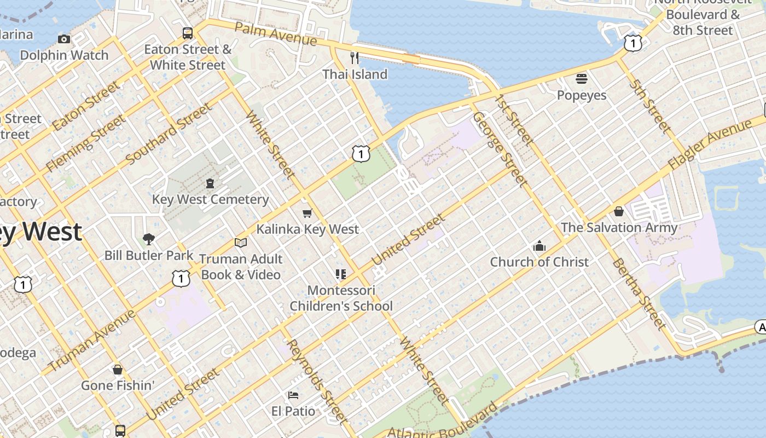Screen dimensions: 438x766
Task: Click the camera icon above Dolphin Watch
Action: [64, 39]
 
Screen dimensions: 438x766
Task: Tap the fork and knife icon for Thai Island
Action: [355, 57]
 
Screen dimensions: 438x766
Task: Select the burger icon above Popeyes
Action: [582, 79]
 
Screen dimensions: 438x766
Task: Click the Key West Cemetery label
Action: [210, 199]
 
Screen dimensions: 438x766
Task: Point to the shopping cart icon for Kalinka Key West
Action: [307, 213]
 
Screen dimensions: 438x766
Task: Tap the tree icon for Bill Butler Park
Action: [148, 239]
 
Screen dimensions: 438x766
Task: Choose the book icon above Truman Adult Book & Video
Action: [241, 243]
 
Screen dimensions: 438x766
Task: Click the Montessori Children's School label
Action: [341, 298]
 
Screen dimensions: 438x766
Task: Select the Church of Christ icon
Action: [539, 246]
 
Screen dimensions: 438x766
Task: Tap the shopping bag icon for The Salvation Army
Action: [619, 211]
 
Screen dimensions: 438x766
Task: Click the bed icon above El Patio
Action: [293, 395]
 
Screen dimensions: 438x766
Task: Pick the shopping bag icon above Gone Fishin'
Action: [117, 370]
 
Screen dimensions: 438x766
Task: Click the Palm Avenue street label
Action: [276, 33]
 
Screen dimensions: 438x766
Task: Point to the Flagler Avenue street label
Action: [710, 144]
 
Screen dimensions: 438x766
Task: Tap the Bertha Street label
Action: [639, 293]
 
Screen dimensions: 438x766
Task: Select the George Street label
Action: [500, 149]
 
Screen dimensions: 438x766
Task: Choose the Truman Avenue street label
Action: [91, 341]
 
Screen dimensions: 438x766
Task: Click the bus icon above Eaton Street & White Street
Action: [188, 33]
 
